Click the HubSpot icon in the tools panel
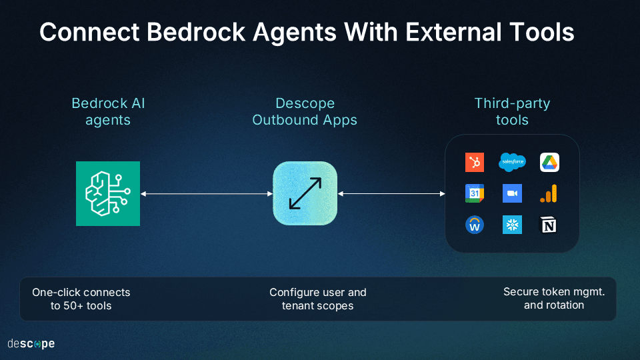click(475, 162)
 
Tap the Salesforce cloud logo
click(512, 162)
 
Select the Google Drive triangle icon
click(549, 162)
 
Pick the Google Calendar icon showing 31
click(475, 193)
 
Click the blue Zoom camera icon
click(512, 193)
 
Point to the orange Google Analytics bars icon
click(549, 193)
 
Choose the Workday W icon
click(475, 225)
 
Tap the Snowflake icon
click(512, 225)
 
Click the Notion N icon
click(549, 225)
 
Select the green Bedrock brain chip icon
click(108, 193)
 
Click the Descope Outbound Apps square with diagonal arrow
click(305, 193)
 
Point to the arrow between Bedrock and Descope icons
click(207, 194)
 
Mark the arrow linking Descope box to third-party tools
click(391, 194)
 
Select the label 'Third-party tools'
click(512, 112)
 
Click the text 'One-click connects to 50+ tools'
click(81, 299)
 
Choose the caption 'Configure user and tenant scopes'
click(318, 299)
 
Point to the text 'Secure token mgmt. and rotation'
click(554, 298)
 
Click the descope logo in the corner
click(31, 344)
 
